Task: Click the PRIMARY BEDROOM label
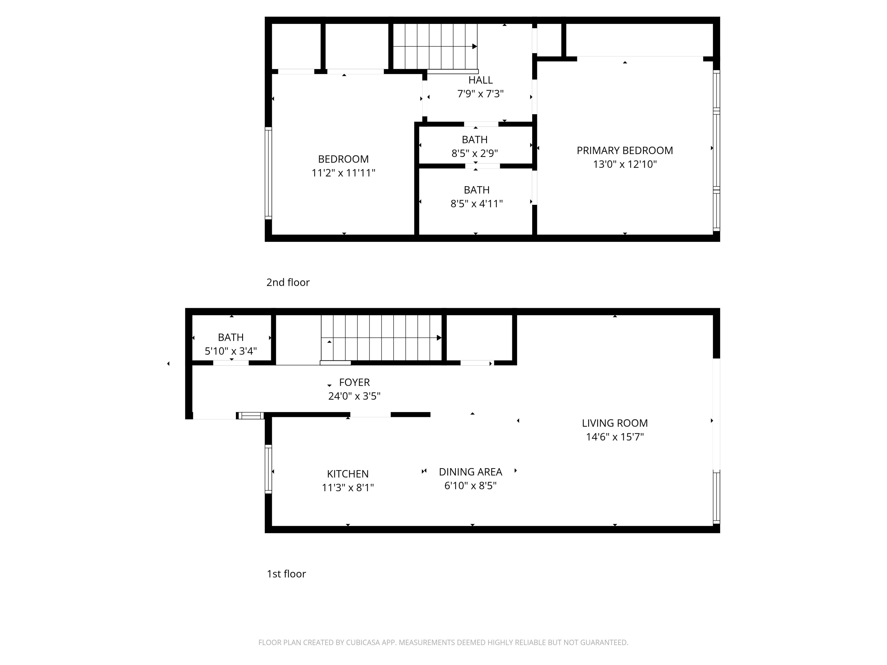pyautogui.click(x=625, y=150)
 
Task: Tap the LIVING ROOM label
pyautogui.click(x=615, y=423)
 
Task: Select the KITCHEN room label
pyautogui.click(x=348, y=474)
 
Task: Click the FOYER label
pyautogui.click(x=355, y=382)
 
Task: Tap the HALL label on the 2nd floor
pyautogui.click(x=480, y=80)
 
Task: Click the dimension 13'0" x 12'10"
pyautogui.click(x=625, y=164)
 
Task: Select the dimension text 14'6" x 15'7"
pyautogui.click(x=615, y=437)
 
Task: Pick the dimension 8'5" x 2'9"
pyautogui.click(x=475, y=153)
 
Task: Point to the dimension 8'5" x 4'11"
pyautogui.click(x=476, y=204)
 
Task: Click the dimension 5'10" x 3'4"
pyautogui.click(x=231, y=351)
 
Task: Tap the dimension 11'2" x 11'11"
pyautogui.click(x=343, y=173)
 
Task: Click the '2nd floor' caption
pyautogui.click(x=288, y=282)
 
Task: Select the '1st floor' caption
pyautogui.click(x=286, y=574)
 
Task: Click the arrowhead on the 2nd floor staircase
pyautogui.click(x=475, y=46)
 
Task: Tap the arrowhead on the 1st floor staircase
pyautogui.click(x=439, y=338)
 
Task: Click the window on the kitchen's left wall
pyautogui.click(x=268, y=469)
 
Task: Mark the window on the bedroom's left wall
pyautogui.click(x=268, y=173)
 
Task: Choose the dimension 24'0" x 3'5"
pyautogui.click(x=355, y=396)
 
